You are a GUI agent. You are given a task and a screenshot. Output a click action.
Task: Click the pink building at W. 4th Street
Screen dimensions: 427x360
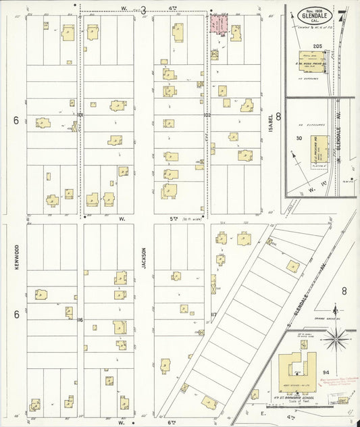218,25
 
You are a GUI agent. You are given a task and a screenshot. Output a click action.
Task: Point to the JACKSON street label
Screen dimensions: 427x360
145,256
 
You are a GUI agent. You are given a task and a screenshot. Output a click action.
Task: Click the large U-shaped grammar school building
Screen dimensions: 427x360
298,369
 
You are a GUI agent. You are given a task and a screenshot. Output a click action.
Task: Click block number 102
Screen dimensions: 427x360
207,116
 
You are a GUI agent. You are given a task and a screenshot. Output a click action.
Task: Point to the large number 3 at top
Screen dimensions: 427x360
143,9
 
